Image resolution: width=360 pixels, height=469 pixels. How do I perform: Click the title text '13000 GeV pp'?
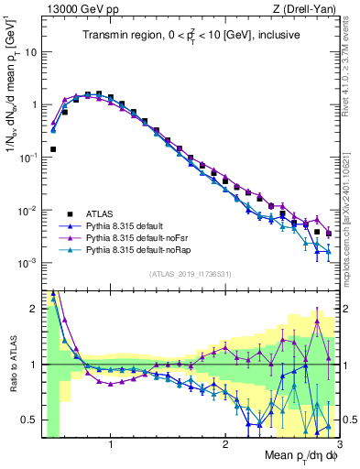click(78, 8)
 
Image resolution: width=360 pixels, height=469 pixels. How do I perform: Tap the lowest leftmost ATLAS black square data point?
click(53, 148)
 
